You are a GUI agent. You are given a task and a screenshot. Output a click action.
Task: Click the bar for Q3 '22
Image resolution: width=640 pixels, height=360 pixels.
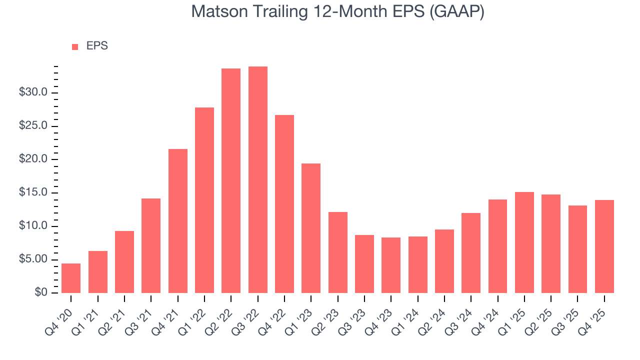click(258, 180)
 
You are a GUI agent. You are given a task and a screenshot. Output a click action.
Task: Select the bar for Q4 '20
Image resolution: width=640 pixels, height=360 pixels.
click(71, 278)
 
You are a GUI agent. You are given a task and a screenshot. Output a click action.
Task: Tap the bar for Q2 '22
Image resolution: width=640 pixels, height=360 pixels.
click(231, 181)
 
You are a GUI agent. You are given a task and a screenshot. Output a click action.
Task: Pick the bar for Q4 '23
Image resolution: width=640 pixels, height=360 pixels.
click(391, 265)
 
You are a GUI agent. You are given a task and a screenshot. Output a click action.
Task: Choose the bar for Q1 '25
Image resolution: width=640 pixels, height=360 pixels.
click(524, 242)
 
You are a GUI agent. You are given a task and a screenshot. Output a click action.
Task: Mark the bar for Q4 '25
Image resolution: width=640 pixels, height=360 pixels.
click(604, 246)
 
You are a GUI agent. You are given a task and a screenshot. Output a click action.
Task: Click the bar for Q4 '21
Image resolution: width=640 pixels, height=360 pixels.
click(178, 221)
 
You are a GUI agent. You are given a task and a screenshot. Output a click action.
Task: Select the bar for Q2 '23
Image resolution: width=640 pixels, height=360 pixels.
click(338, 252)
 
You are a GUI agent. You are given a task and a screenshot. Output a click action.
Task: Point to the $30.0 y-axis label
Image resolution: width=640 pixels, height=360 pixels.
click(33, 92)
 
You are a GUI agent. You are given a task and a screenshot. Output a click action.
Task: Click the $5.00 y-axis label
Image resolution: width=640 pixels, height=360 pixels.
click(33, 259)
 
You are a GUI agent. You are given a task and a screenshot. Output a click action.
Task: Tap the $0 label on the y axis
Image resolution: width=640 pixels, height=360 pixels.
click(41, 293)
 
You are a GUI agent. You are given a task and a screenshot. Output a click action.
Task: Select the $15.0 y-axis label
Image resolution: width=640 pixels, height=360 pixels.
click(33, 192)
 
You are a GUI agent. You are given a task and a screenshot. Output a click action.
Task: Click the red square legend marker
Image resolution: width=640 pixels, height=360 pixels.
click(75, 46)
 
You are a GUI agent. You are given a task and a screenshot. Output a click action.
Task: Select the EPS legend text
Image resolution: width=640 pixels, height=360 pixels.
click(97, 46)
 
